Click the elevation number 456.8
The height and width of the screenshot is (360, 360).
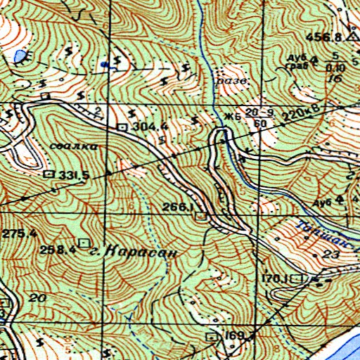(x=324, y=37)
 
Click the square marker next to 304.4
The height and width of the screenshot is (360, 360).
(x=123, y=127)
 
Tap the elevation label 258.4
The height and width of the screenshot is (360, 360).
(x=58, y=249)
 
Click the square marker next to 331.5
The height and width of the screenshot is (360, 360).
(x=49, y=173)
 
